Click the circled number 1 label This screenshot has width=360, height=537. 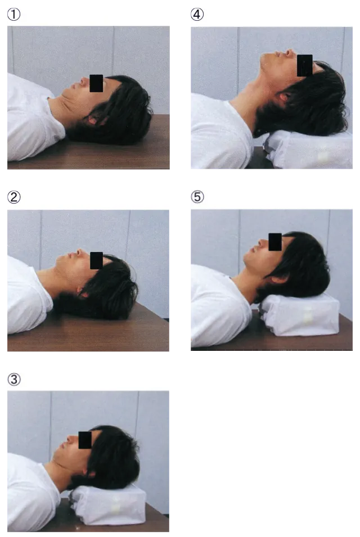coord(13,15)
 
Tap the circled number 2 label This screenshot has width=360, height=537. coord(13,197)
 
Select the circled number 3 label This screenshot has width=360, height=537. coord(13,380)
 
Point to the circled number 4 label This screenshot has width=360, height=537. coord(197,15)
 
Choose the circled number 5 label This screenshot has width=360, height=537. coord(197,197)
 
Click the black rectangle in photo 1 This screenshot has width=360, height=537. coord(96,83)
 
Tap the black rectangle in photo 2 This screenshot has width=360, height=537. coord(97,260)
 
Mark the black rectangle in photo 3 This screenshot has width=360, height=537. coord(85,440)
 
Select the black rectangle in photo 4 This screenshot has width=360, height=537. coord(305,65)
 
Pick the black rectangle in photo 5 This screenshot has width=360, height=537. coord(276,242)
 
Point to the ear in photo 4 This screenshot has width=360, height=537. coord(283,97)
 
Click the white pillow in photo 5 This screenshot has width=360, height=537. coord(300,314)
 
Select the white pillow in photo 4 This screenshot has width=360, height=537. coord(308,150)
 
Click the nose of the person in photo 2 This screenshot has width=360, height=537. coord(79,252)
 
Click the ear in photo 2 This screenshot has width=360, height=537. coord(83,293)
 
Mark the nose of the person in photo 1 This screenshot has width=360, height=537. coord(83,81)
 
